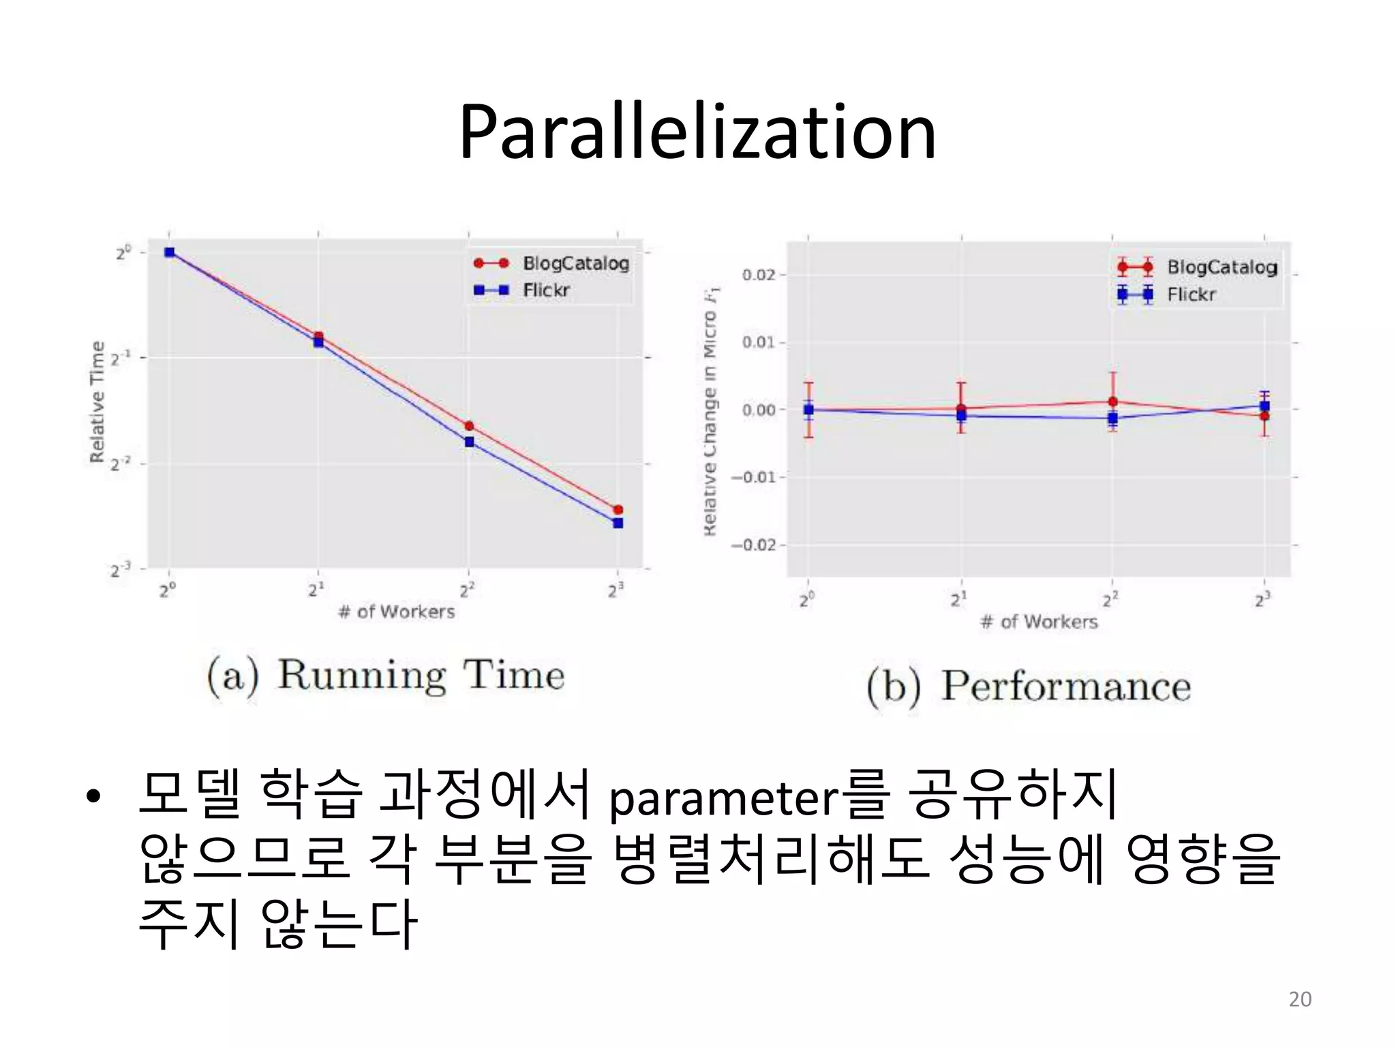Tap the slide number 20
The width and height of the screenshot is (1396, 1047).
coord(1300,999)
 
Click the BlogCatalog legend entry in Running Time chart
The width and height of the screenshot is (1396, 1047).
coord(575,263)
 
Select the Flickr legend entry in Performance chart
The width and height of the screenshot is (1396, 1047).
coord(1190,294)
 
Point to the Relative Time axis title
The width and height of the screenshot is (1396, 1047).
coord(97,401)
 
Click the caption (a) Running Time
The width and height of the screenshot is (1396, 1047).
coord(386,676)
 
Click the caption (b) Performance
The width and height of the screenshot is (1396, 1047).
coord(1029,686)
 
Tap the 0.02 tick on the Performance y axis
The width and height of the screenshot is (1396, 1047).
coord(758,275)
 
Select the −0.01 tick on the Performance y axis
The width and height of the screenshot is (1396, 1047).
coord(754,477)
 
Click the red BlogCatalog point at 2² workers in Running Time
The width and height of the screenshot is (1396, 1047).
coord(469,426)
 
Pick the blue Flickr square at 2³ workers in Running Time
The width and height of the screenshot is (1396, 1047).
coord(618,523)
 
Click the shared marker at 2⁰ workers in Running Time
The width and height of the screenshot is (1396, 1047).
coord(170,252)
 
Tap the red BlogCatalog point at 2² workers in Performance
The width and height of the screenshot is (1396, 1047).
coord(1112,401)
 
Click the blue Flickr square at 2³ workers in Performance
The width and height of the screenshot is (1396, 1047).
coord(1264,406)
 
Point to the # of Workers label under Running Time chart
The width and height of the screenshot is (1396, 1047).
coord(396,611)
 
